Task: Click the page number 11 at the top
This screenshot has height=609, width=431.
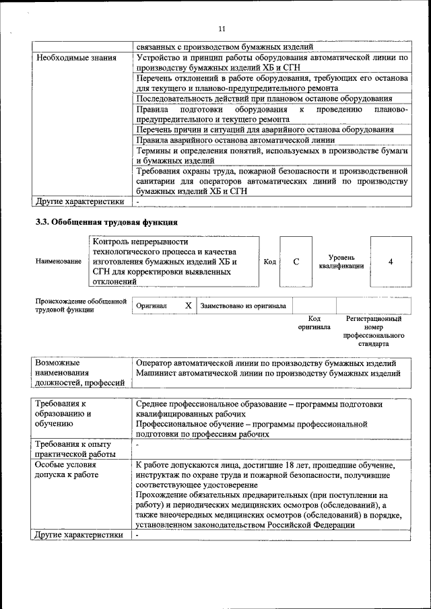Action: coord(222,28)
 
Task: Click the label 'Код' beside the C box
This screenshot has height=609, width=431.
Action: coord(269,262)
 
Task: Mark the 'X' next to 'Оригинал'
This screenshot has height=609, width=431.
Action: coord(189,306)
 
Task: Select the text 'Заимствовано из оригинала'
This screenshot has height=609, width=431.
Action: coord(243,306)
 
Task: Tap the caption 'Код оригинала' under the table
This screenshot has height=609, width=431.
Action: coord(314,323)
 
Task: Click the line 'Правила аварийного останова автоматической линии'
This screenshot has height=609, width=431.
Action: coord(235,141)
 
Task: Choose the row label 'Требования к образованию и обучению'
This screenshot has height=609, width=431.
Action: coord(63,414)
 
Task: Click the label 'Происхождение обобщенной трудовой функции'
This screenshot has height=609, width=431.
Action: coord(80,306)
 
